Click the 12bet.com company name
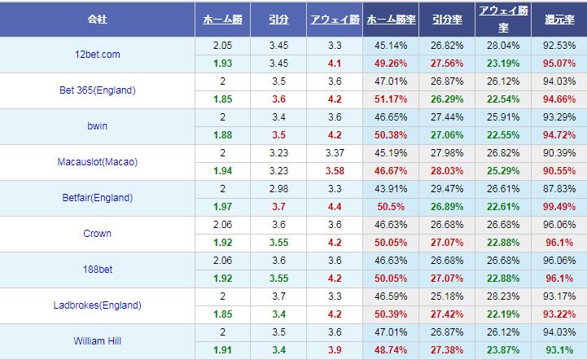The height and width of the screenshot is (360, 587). click(x=98, y=55)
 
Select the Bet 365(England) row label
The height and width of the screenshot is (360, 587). click(x=98, y=90)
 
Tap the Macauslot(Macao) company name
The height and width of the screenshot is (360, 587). click(x=98, y=162)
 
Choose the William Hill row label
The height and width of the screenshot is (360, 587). click(x=98, y=341)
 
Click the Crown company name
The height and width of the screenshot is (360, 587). click(x=98, y=234)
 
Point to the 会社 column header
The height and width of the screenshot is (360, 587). click(x=98, y=18)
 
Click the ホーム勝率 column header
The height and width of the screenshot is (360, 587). click(x=389, y=18)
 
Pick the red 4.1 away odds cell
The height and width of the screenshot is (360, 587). click(x=333, y=64)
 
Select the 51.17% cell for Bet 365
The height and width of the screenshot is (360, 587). click(x=389, y=99)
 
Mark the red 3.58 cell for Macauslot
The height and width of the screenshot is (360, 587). click(x=333, y=171)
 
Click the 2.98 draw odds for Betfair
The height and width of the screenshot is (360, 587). click(x=278, y=189)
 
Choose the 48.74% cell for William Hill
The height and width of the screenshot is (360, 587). click(x=389, y=350)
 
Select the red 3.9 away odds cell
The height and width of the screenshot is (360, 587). click(x=333, y=350)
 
